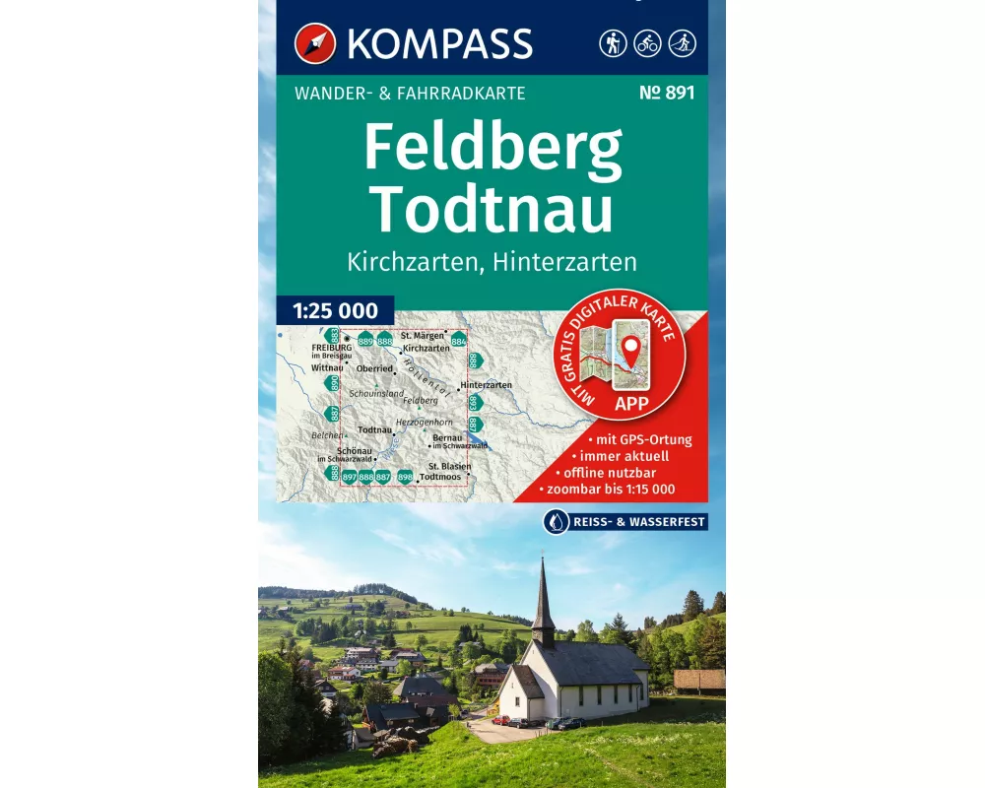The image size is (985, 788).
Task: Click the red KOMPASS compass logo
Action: click(315, 43)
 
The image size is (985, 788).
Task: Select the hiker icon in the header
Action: click(613, 43)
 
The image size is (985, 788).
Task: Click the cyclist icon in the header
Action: click(647, 43)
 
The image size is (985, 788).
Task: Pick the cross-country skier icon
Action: click(682, 43)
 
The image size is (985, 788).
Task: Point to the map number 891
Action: click(666, 94)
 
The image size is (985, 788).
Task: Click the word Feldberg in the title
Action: click(492, 148)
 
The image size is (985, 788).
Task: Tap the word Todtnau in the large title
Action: click(492, 208)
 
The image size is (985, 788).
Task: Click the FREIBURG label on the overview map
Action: click(331, 348)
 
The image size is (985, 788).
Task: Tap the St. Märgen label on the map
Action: click(422, 336)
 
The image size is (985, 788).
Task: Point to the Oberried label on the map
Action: click(374, 368)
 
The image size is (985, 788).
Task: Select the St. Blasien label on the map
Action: click(449, 466)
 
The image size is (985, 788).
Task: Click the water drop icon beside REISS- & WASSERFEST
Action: click(554, 522)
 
